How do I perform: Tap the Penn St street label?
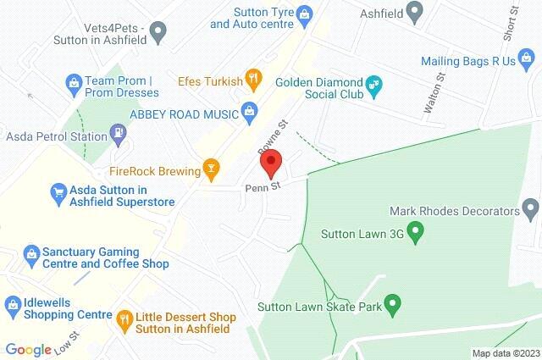pos(262,187)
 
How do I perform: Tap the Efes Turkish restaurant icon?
pos(252,80)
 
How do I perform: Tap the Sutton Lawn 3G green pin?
pos(415,230)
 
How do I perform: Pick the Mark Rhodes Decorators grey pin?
pos(531,208)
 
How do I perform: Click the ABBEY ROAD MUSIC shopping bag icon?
pos(249,109)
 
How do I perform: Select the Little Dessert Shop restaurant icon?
pos(123,318)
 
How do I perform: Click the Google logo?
pos(28,349)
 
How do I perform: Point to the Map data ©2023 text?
pos(505,353)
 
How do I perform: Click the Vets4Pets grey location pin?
pos(158,33)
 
